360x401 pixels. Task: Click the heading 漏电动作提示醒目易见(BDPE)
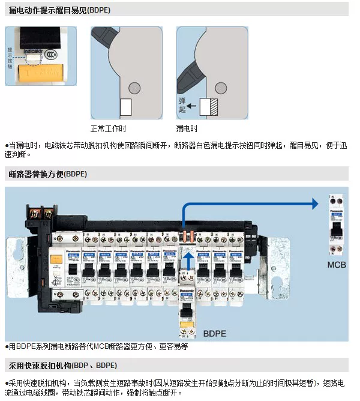point(52,10)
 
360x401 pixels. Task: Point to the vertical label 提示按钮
point(10,58)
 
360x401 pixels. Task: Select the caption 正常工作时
point(108,128)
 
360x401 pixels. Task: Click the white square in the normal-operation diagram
point(125,107)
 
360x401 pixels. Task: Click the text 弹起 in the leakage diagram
point(182,106)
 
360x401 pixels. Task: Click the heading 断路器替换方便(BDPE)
point(48,174)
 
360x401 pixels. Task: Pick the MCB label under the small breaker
point(337,264)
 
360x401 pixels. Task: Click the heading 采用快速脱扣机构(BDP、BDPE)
point(62,365)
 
